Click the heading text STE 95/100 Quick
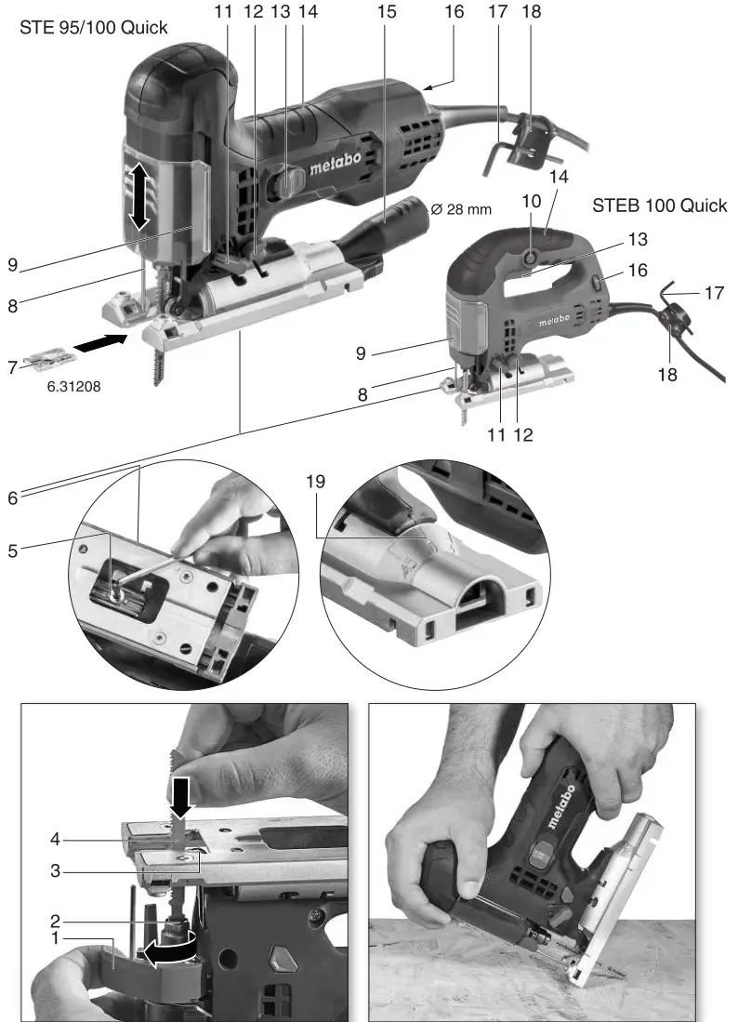94,28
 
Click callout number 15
387,12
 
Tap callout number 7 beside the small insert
12,369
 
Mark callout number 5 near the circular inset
12,551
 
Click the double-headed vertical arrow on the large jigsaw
139,194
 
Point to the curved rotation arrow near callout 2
167,947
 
